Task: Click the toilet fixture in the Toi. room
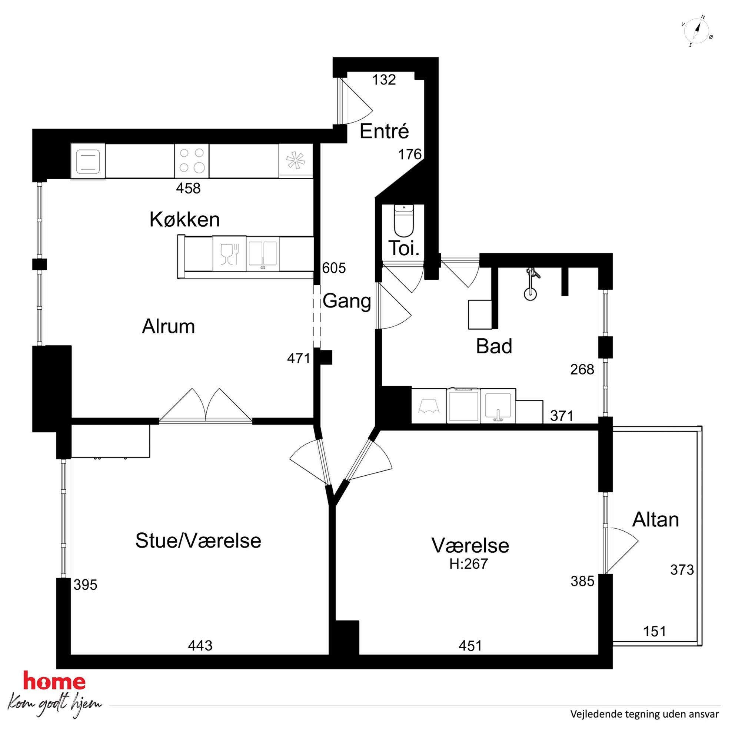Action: (404, 221)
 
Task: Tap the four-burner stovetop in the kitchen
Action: (192, 160)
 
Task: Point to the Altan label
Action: (655, 520)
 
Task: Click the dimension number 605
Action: (334, 268)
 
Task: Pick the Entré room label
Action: (384, 131)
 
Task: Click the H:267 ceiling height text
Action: (469, 564)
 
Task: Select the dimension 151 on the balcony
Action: (655, 632)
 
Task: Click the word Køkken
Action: (184, 220)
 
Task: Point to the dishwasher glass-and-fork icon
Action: (229, 254)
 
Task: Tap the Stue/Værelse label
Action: (198, 541)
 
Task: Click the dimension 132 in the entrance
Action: (384, 80)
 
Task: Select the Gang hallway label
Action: (347, 301)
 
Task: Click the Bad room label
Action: (494, 346)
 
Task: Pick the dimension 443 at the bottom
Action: (200, 646)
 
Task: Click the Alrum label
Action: (169, 326)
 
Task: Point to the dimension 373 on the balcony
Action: (682, 570)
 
